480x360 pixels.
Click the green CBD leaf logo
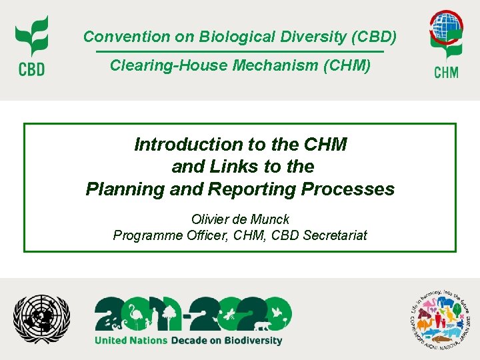[31, 37]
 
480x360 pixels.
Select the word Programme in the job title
[143, 235]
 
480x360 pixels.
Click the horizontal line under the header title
[240, 51]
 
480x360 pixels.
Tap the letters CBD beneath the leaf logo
[31, 69]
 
